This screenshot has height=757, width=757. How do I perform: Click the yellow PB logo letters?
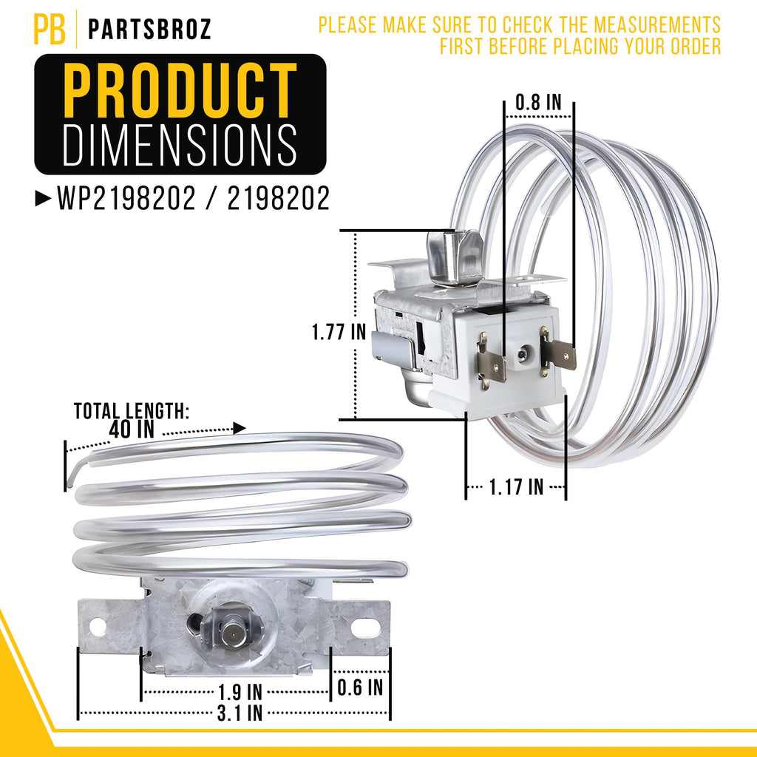coord(50,29)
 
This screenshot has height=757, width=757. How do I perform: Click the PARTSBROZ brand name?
coord(149,30)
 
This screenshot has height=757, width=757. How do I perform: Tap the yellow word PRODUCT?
coord(180,90)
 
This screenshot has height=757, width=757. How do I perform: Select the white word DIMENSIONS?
coord(180,145)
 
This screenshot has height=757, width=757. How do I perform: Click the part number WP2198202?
coord(126,198)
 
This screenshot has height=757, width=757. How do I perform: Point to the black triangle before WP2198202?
coord(43,198)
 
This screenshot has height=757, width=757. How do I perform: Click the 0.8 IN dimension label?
coord(538,102)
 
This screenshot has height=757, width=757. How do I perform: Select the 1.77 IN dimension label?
coord(339,332)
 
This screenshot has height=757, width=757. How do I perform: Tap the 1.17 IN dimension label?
coord(516,487)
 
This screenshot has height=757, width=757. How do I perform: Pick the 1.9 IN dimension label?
coord(240,692)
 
